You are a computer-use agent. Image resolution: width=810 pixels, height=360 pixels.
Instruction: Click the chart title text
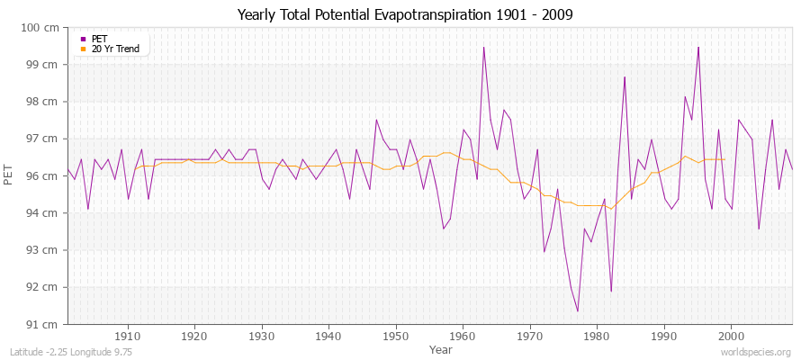[x=404, y=14]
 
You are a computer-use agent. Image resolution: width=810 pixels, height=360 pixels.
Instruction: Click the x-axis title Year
[x=440, y=348]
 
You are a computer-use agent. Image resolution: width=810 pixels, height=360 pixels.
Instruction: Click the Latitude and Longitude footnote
[x=71, y=353]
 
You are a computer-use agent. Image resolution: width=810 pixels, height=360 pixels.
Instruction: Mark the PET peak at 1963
[x=483, y=48]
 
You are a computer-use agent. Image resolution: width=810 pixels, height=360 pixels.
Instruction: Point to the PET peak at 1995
[x=697, y=48]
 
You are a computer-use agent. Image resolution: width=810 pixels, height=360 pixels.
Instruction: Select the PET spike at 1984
[x=625, y=77]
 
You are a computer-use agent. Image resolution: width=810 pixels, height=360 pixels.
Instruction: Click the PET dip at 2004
[x=759, y=229]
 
